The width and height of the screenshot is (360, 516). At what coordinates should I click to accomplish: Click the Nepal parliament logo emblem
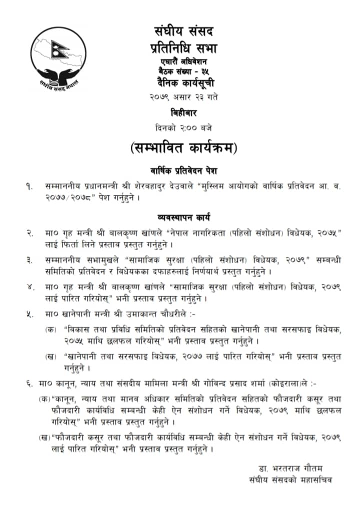54,58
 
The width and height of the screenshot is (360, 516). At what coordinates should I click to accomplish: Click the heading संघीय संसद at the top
184,31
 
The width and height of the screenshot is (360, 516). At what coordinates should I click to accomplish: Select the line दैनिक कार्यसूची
184,83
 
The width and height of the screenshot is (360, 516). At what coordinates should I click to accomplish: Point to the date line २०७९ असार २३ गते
184,95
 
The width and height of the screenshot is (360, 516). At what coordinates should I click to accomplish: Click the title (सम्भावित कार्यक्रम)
183,148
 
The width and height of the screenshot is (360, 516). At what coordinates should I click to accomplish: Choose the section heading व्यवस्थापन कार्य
183,218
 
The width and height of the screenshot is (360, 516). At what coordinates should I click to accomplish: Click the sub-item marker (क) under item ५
51,329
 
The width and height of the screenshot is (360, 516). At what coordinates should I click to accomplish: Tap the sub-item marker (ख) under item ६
44,438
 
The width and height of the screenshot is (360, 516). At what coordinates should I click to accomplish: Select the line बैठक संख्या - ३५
184,70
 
